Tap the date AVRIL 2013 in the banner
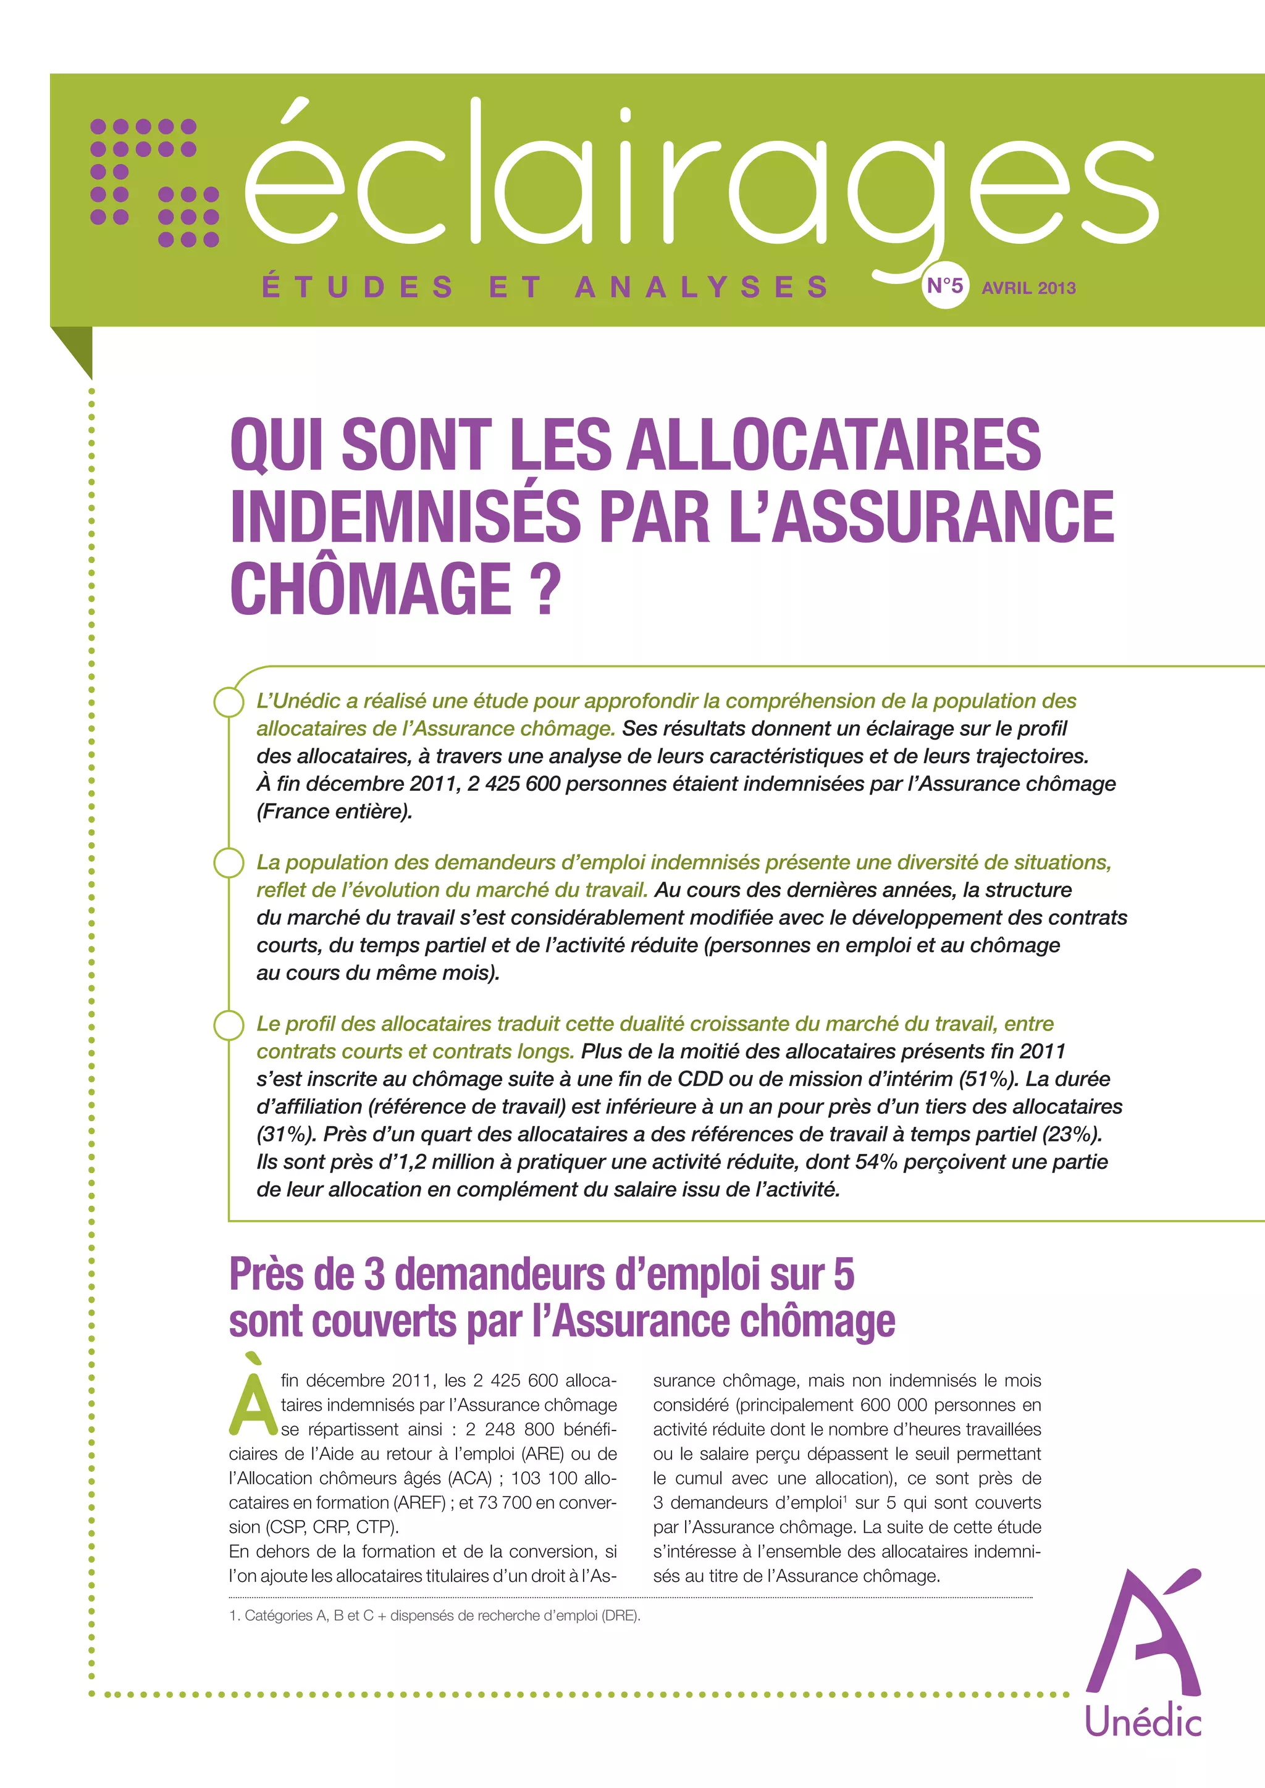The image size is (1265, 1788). (x=1028, y=288)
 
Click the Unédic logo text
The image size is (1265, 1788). (x=1143, y=1723)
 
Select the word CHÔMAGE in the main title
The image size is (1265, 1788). (x=370, y=590)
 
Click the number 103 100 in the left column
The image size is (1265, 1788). (x=544, y=1478)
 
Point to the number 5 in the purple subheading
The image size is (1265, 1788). (x=844, y=1275)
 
